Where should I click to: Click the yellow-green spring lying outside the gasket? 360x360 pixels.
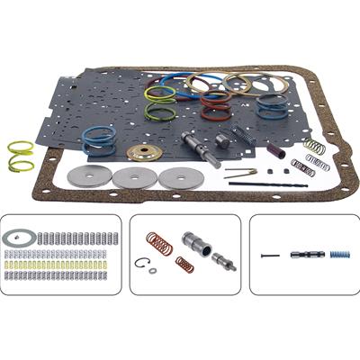tap(20, 155)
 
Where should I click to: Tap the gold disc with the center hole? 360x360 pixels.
tap(143, 151)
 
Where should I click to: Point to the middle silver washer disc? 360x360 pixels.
tap(131, 177)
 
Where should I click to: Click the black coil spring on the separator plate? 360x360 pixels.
tap(240, 136)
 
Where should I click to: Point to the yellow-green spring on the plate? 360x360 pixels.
tap(160, 101)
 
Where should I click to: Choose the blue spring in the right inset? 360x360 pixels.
tap(338, 254)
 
